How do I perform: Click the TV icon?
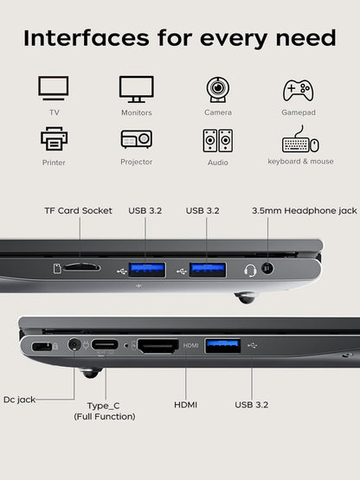[x=54, y=89]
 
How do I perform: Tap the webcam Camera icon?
[x=217, y=89]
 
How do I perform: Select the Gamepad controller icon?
[x=299, y=90]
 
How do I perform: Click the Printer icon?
[x=54, y=138]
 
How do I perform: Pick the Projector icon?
[x=136, y=138]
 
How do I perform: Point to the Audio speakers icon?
[x=217, y=140]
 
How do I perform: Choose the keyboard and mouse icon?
[x=299, y=140]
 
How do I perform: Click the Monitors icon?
[x=136, y=89]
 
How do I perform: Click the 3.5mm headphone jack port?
[x=267, y=268]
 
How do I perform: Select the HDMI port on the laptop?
[x=157, y=345]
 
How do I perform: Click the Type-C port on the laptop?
[x=106, y=344]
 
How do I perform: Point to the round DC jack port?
[x=74, y=345]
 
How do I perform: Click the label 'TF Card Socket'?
[x=78, y=210]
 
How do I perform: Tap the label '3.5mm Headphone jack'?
[x=304, y=210]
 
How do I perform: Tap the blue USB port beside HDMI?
[x=222, y=345]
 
